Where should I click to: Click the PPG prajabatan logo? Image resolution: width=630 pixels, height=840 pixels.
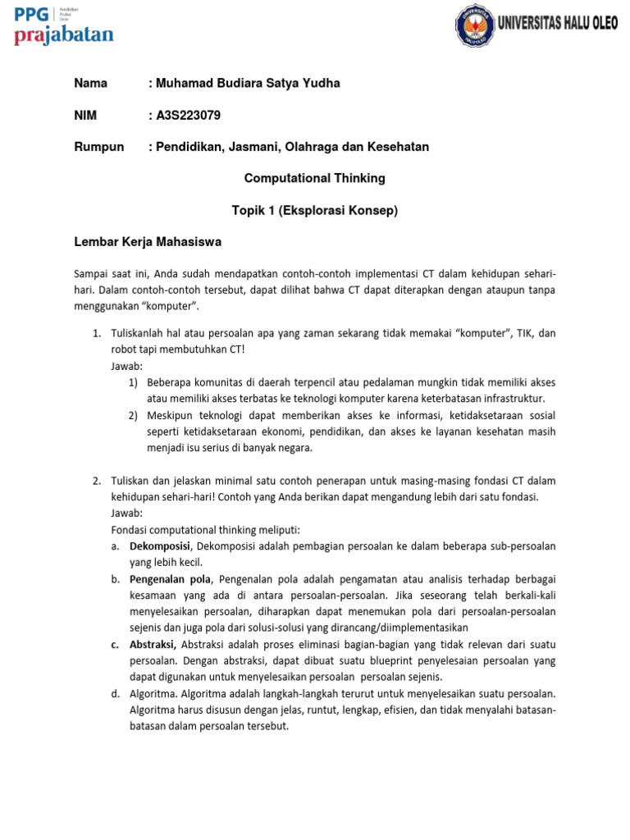click(x=64, y=26)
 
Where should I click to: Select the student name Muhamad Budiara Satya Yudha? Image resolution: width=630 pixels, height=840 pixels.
click(x=247, y=83)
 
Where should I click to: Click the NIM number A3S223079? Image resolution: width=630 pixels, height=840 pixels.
click(x=188, y=115)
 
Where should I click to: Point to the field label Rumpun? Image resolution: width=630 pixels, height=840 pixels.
click(x=98, y=147)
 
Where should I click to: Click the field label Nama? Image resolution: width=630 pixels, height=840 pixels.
click(x=91, y=83)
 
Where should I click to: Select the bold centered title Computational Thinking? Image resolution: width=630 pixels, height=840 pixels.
click(x=314, y=178)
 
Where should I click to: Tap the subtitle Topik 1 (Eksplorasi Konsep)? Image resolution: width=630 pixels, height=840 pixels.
click(x=314, y=211)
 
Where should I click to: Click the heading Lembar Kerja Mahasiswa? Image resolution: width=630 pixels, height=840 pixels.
click(x=148, y=242)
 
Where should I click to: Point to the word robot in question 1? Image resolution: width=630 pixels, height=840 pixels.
click(x=126, y=349)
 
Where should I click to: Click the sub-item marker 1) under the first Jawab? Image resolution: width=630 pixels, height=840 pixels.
click(x=134, y=382)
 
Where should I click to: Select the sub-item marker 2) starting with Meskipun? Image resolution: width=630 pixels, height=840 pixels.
click(x=134, y=415)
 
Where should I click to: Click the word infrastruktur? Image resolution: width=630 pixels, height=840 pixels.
click(x=509, y=399)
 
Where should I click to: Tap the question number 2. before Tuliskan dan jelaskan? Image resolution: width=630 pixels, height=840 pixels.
click(x=96, y=480)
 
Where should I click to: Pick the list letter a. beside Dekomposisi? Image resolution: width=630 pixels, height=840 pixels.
click(x=115, y=546)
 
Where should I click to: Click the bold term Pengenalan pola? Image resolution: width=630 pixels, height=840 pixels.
click(x=170, y=579)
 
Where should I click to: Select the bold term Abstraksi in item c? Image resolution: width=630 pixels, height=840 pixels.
click(x=153, y=644)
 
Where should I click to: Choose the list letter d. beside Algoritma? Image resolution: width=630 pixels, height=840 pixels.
click(x=115, y=693)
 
